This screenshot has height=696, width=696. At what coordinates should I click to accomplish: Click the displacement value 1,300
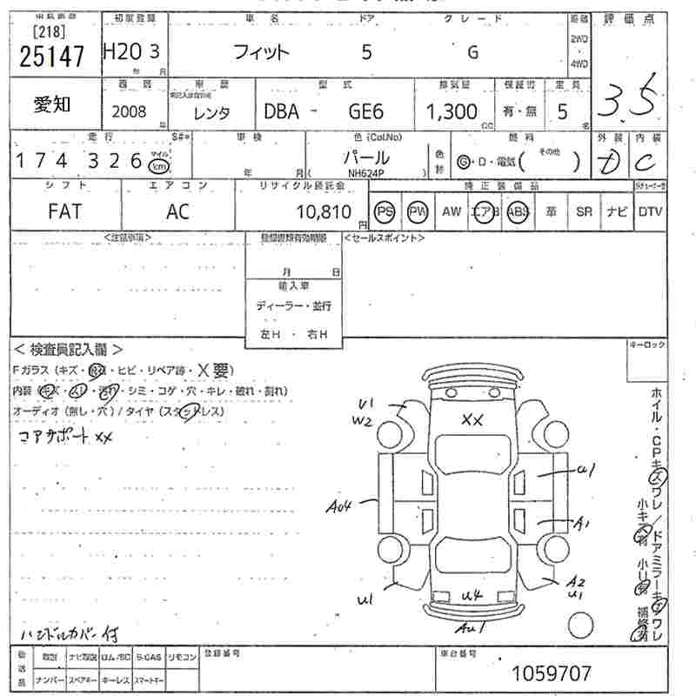point(452,111)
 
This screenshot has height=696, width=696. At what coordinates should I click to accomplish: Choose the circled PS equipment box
point(384,211)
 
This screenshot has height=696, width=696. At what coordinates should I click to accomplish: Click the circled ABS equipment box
point(519,211)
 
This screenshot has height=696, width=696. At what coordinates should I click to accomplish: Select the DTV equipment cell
point(650,211)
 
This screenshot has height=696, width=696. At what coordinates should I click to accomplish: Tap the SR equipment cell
point(584,211)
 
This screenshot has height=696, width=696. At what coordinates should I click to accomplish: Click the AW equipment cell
point(452,211)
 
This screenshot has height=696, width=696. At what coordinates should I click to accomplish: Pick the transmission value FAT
point(64,211)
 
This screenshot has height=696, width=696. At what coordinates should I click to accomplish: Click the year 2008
point(130,111)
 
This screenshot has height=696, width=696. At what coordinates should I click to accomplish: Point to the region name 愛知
point(53,105)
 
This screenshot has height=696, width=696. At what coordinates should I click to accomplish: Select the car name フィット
point(260,52)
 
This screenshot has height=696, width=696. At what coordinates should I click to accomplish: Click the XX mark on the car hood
point(472,420)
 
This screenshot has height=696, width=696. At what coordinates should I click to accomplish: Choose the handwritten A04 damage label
point(340,505)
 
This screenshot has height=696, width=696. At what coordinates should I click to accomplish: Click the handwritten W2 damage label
point(362,422)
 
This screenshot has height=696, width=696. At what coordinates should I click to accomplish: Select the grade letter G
point(472,52)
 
